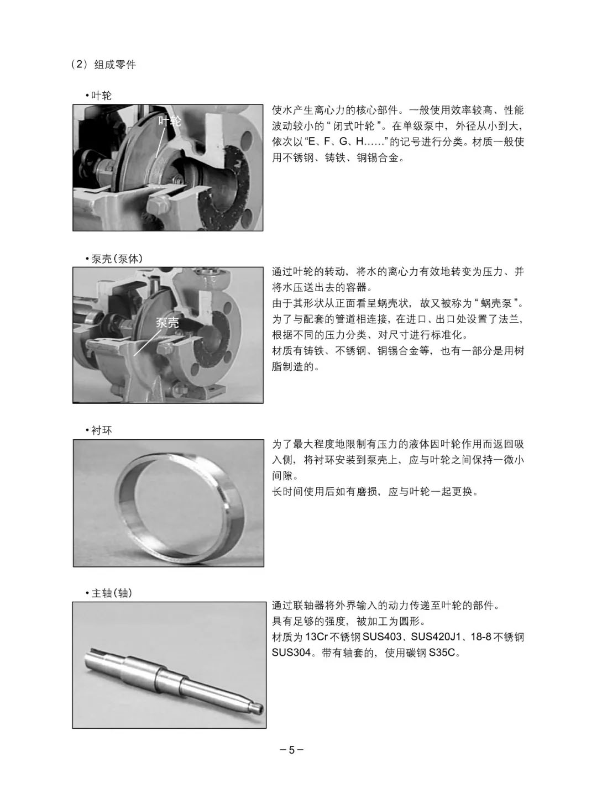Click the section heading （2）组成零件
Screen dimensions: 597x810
(103, 65)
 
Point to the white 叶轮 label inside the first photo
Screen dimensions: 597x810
(169, 121)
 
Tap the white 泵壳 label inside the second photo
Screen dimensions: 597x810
(167, 323)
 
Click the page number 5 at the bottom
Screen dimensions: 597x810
(292, 750)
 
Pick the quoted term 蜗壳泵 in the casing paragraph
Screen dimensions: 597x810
(498, 303)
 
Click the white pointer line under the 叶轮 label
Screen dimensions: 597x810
(161, 143)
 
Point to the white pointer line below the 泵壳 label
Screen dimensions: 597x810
(146, 343)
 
